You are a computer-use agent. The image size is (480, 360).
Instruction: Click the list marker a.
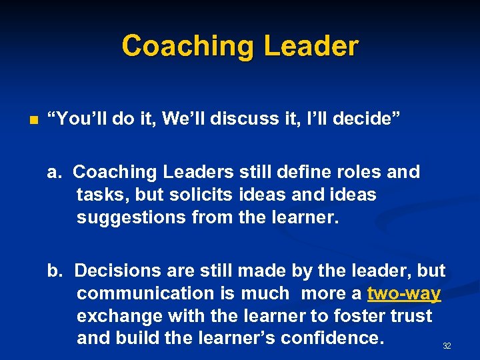click(54, 172)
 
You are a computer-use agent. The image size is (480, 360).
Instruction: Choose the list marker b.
click(54, 271)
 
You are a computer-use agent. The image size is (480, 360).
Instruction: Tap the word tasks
click(100, 195)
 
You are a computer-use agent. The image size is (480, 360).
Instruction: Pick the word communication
click(147, 293)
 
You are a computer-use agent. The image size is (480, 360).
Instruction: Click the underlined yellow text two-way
click(404, 293)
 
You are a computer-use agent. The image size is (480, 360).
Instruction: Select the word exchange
click(118, 316)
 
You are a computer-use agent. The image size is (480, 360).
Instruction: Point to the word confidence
click(332, 338)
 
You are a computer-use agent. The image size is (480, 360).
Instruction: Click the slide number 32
click(447, 346)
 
